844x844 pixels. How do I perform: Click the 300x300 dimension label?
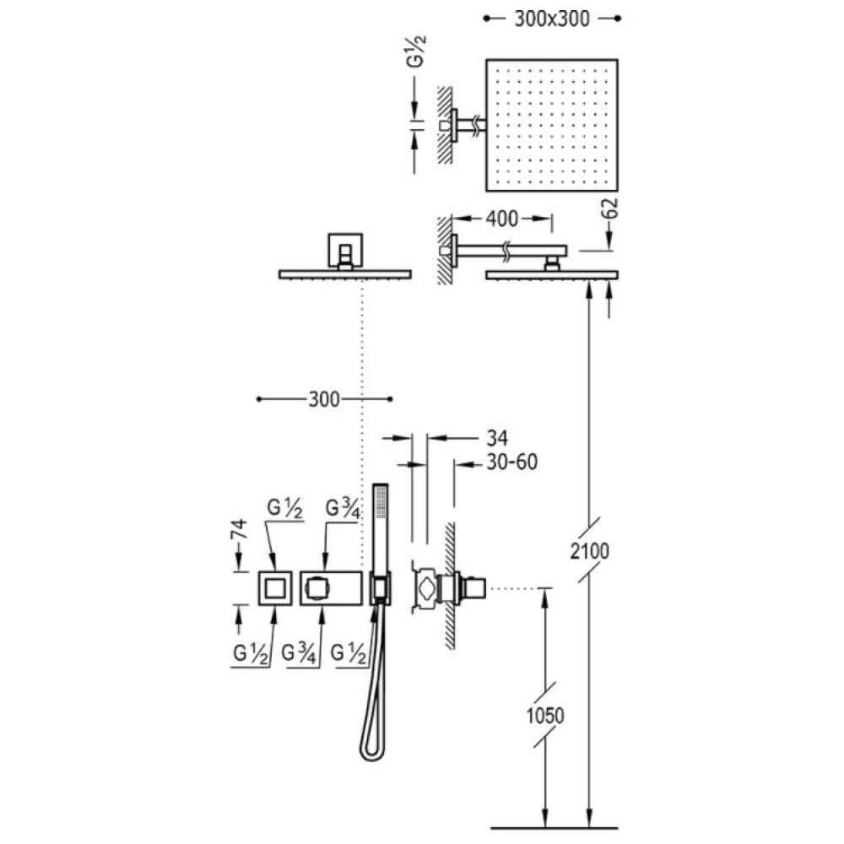pos(552,19)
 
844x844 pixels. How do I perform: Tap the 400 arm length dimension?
pos(501,219)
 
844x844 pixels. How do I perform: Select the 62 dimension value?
pos(610,208)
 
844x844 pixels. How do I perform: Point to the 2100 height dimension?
pos(590,550)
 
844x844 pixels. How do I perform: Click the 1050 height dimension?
pos(544,716)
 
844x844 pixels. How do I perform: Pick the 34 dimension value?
pos(497,438)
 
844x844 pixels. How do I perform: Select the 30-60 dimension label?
pos(512,462)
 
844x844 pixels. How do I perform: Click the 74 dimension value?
pos(239,529)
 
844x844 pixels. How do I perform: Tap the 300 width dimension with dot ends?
pos(325,399)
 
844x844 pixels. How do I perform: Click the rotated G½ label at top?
pos(415,51)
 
